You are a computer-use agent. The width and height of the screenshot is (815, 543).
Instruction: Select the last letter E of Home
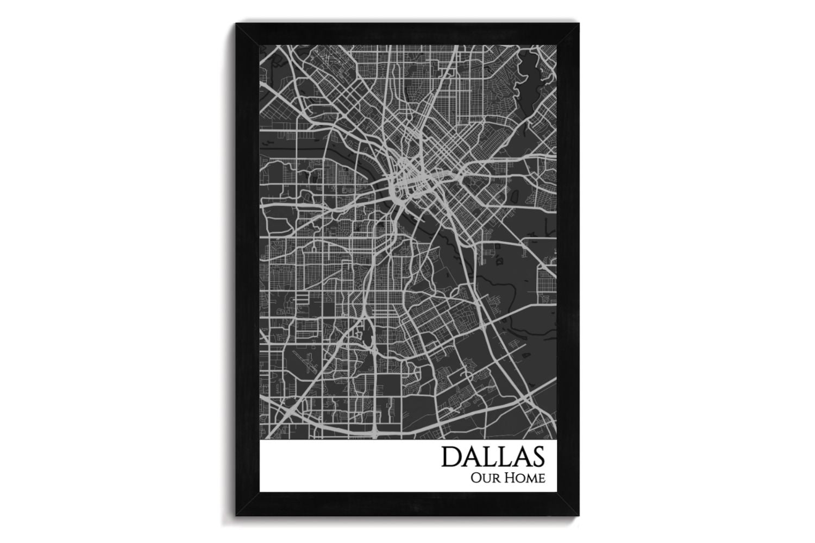click(540, 479)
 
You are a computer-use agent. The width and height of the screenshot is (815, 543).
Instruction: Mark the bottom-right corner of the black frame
click(579, 515)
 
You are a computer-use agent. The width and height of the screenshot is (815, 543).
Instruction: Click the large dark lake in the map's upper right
click(530, 71)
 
